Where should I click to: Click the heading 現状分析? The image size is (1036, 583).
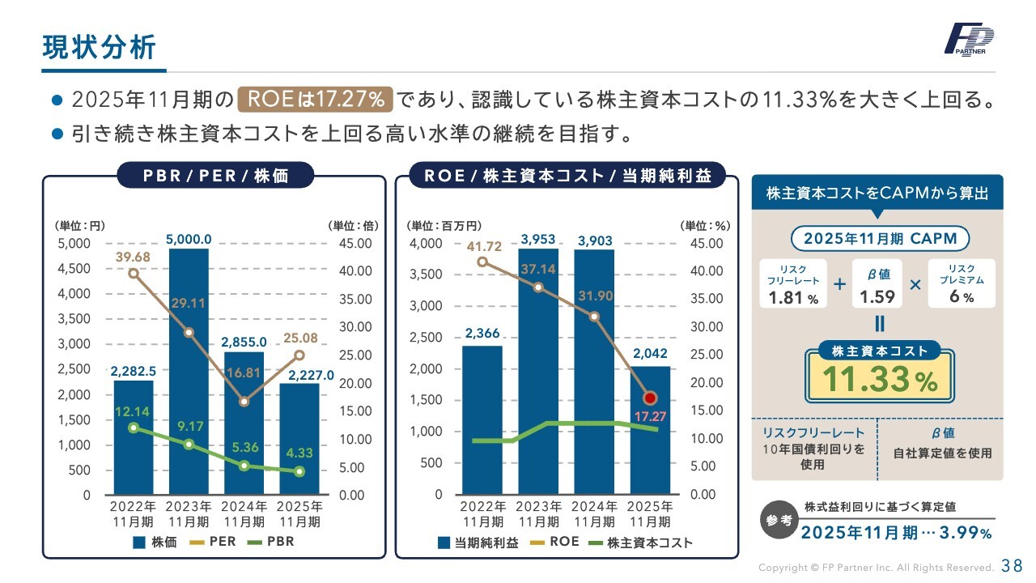point(98,47)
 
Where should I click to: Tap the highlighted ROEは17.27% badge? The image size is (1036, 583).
point(316,100)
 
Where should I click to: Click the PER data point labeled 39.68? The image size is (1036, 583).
point(134,273)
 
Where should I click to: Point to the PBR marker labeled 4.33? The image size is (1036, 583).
point(299,471)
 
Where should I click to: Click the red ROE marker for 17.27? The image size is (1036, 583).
point(650,398)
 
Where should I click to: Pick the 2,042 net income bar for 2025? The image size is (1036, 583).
point(651,429)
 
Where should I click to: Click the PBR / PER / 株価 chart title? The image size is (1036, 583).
point(216,175)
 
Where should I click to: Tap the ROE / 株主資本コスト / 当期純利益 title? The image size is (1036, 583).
point(567,175)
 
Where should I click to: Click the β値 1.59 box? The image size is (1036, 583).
point(877,283)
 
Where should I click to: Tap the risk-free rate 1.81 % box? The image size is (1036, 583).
point(793,283)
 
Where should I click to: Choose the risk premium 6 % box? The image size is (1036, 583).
point(962,283)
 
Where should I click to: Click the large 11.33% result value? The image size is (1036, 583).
point(879,380)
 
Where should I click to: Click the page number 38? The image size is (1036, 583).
point(1012,565)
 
